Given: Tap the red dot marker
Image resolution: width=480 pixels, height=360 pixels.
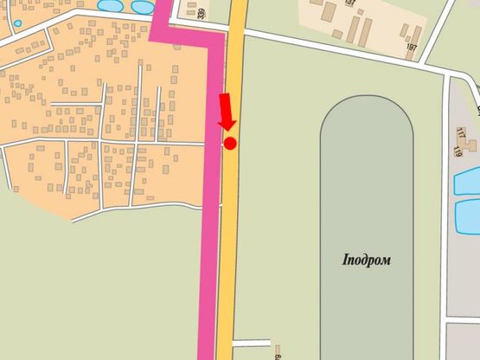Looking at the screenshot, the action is click(230, 143).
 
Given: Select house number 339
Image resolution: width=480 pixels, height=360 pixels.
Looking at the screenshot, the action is click(202, 14).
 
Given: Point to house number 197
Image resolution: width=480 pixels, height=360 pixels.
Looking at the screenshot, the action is click(411, 47).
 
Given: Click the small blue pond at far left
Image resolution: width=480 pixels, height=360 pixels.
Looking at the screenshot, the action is click(17, 23).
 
